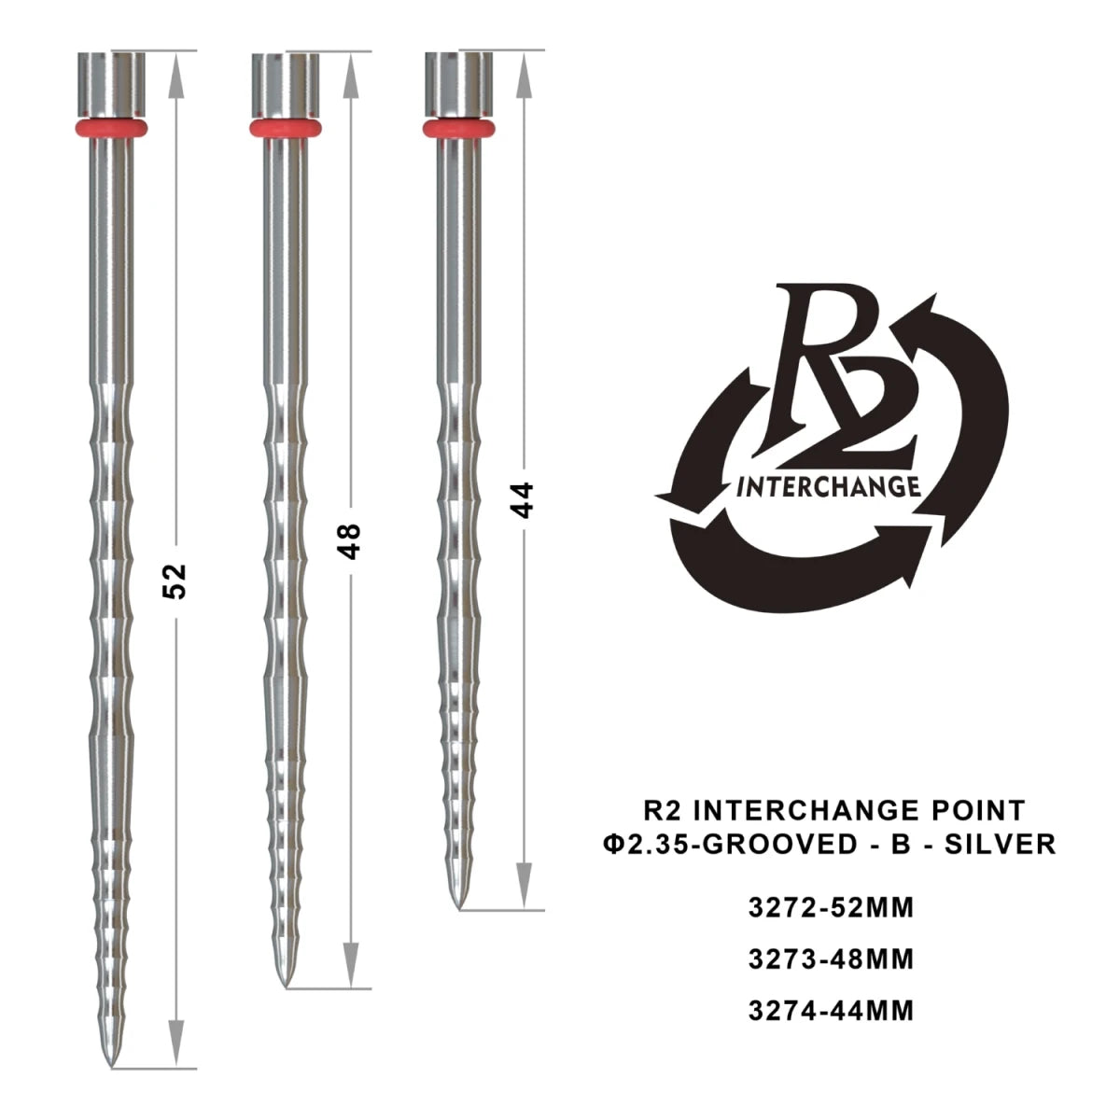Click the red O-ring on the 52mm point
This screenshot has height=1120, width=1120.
112,128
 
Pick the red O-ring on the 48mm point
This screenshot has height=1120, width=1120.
286,128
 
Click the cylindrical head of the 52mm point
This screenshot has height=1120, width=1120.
112,85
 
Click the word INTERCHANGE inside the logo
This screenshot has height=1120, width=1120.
829,487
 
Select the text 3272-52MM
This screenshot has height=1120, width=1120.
830,907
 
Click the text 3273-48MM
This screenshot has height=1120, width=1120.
830,959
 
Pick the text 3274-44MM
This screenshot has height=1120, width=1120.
830,1010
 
